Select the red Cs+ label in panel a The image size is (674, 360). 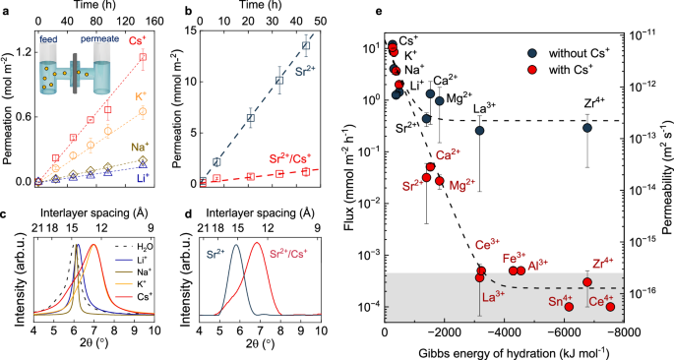click(x=141, y=42)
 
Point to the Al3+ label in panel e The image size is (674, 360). click(x=566, y=266)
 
